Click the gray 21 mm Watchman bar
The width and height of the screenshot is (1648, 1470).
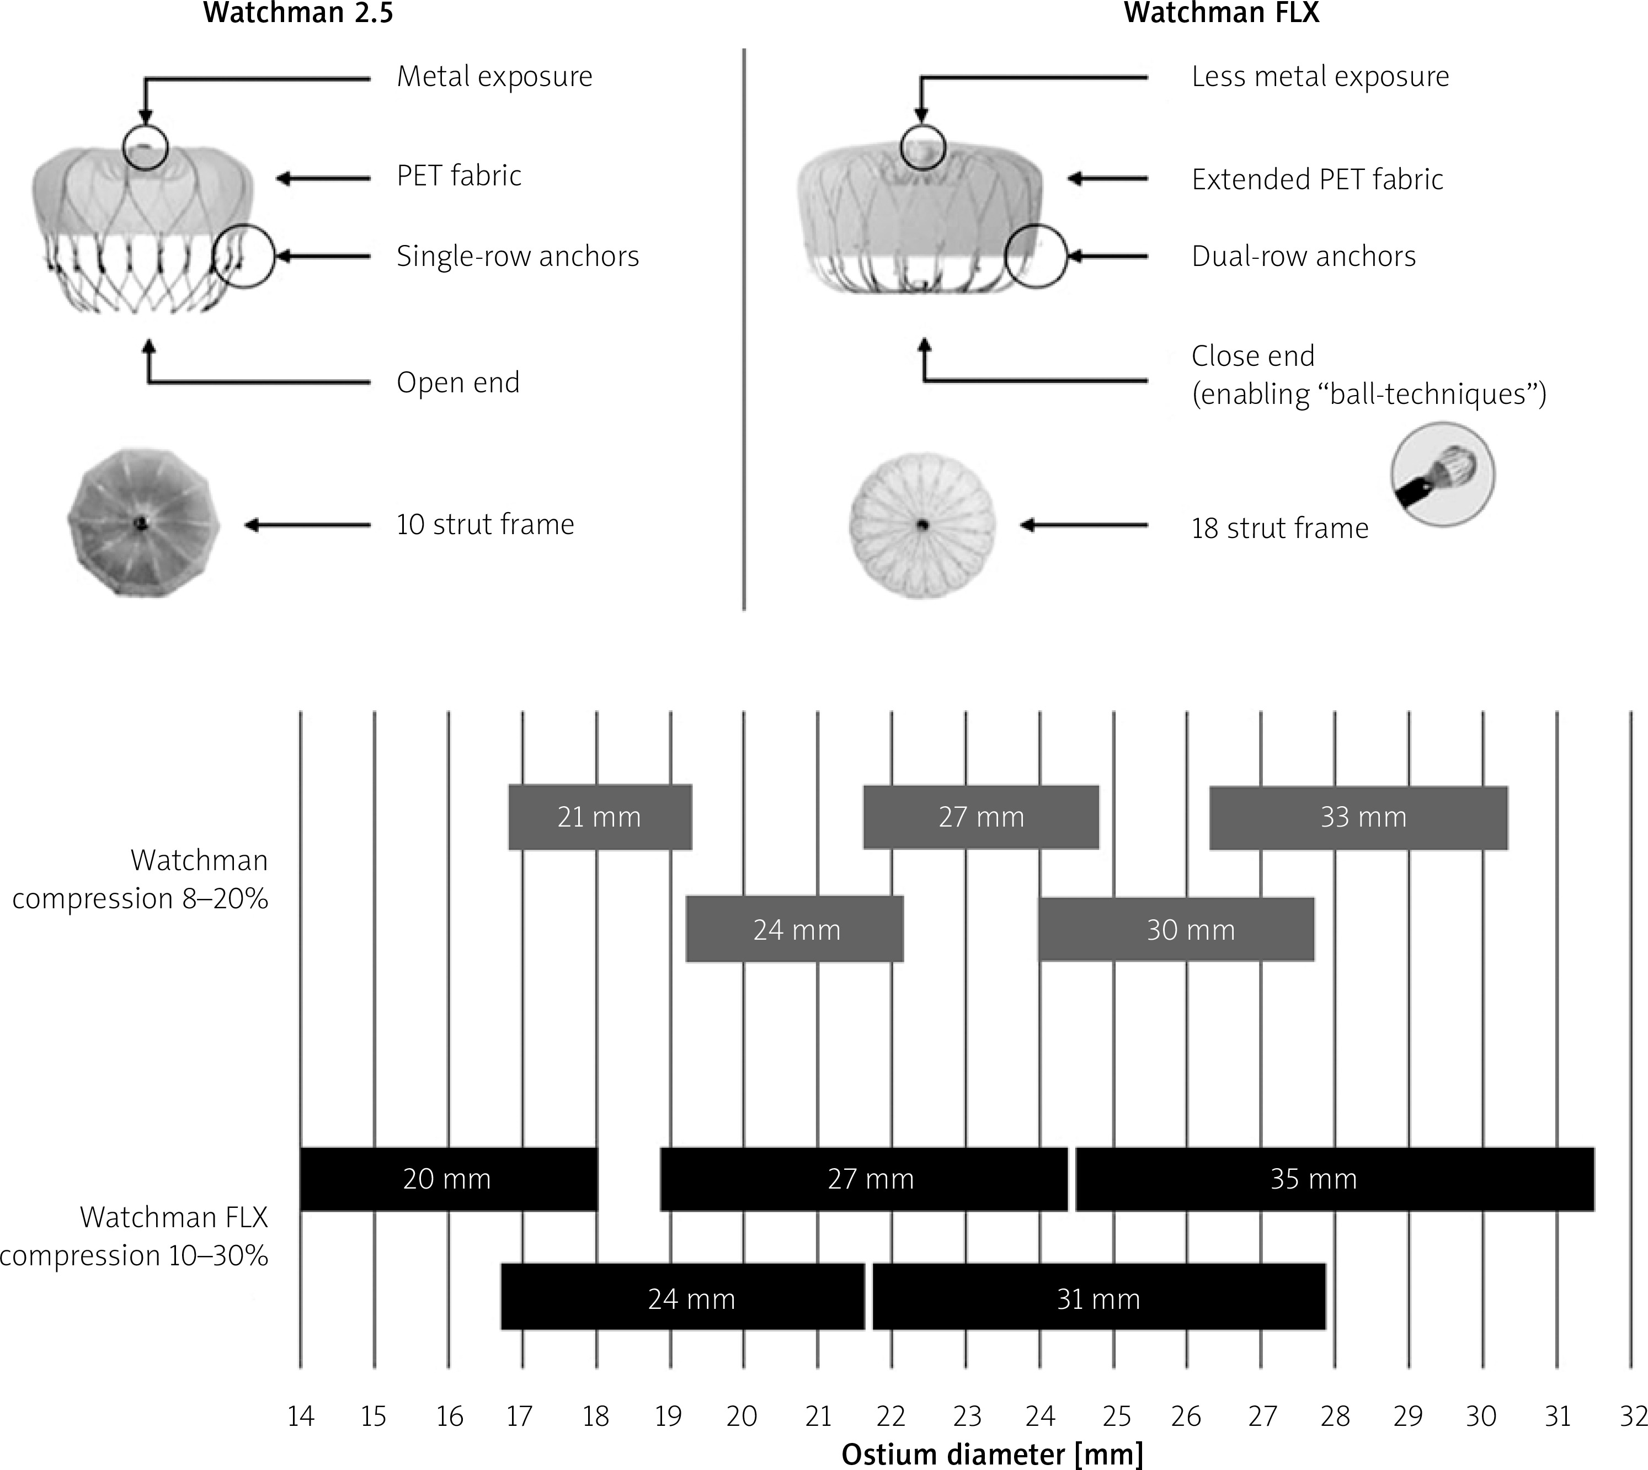click(600, 817)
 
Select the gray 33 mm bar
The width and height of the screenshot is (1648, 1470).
click(1358, 817)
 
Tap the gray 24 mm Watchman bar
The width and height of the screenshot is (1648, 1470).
click(794, 929)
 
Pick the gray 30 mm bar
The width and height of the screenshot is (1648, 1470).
click(1176, 929)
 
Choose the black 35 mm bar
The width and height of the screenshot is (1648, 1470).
click(1335, 1179)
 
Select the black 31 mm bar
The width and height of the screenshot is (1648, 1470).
click(1099, 1299)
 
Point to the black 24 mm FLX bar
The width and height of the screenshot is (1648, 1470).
click(682, 1299)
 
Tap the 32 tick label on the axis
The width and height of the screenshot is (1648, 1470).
click(1633, 1416)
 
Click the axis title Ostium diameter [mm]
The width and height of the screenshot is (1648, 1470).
click(993, 1455)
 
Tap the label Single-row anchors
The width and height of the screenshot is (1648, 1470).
click(518, 256)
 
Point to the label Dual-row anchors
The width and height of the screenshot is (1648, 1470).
click(1303, 256)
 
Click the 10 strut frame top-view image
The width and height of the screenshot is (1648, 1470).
click(143, 524)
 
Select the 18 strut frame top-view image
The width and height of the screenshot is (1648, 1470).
click(922, 525)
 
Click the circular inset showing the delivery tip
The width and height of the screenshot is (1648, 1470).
click(1442, 475)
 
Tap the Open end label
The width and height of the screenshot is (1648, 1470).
click(458, 382)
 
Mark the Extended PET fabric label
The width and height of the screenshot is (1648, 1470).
click(1317, 179)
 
